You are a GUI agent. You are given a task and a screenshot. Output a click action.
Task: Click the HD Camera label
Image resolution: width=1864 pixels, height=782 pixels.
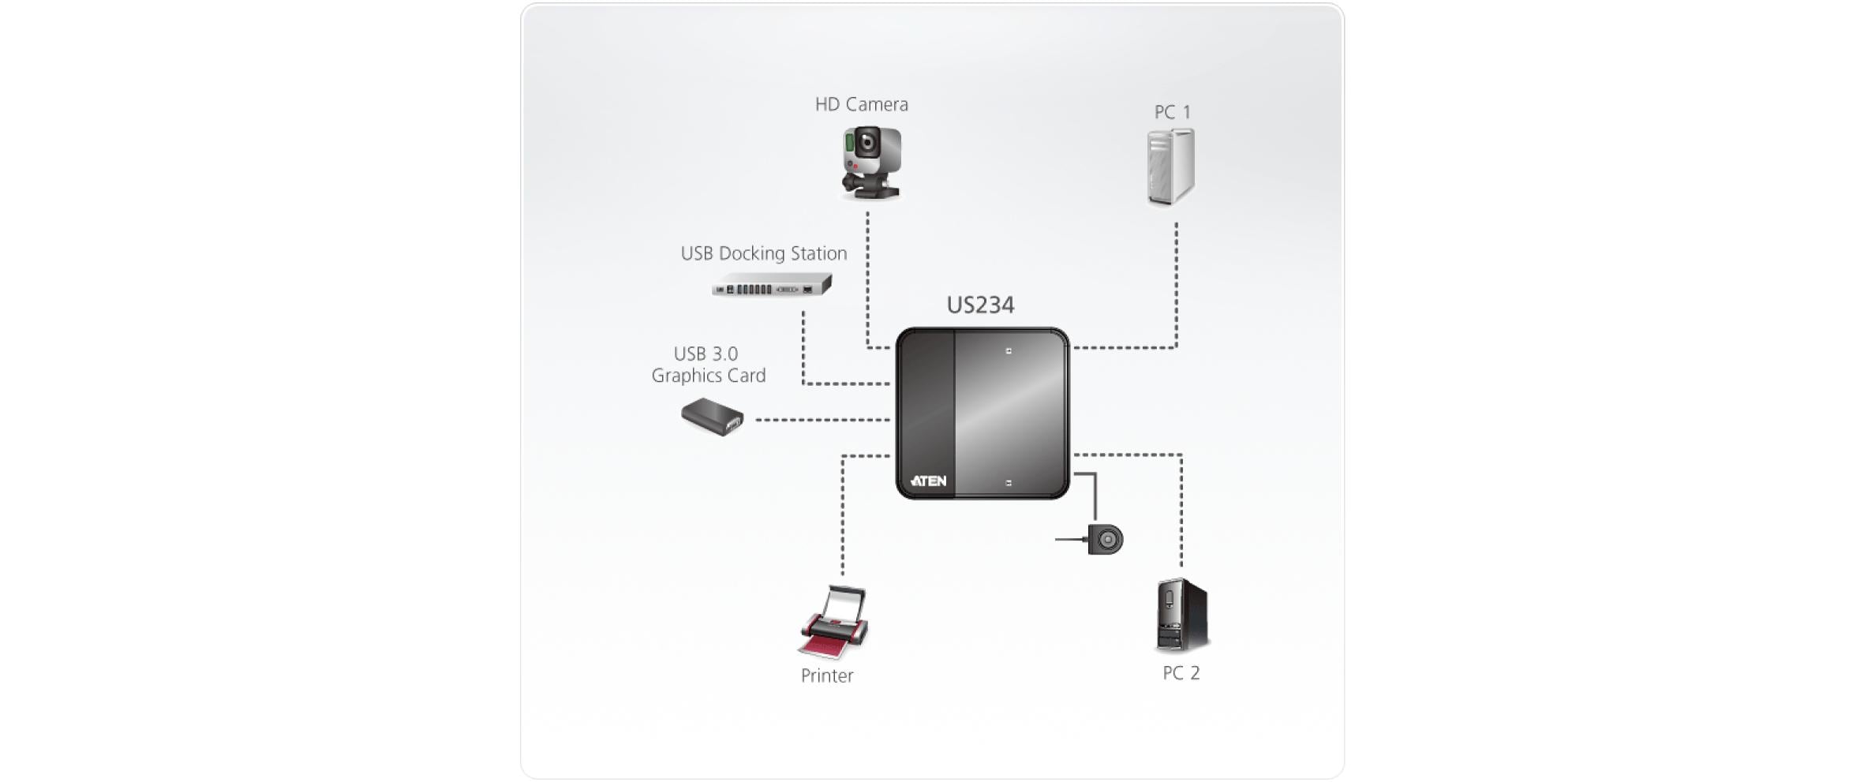click(x=861, y=104)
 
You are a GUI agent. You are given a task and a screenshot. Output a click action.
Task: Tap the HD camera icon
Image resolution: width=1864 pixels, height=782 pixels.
click(x=870, y=161)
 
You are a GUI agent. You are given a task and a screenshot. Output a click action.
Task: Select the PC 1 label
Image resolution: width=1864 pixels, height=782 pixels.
click(x=1172, y=112)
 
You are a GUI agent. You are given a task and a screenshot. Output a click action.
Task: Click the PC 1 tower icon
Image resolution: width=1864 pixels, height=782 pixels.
click(x=1170, y=167)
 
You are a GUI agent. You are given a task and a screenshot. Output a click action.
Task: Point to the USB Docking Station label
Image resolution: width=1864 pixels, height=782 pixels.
click(x=763, y=253)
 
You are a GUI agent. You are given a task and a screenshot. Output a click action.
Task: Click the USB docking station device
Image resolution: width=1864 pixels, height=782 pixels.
click(x=771, y=286)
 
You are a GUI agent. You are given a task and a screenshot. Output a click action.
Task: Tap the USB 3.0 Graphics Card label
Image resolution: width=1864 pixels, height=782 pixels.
click(x=708, y=365)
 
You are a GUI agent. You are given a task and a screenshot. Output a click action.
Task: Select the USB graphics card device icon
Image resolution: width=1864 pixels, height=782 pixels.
click(x=713, y=417)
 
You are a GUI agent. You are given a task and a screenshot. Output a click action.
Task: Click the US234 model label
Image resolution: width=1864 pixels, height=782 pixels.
click(x=980, y=305)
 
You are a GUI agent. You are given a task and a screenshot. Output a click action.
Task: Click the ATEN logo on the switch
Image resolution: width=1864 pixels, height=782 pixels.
click(x=929, y=481)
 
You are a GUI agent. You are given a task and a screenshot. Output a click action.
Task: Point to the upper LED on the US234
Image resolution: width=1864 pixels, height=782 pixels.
click(x=1009, y=350)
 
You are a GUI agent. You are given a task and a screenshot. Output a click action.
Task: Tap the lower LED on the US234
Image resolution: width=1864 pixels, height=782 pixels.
click(x=1009, y=482)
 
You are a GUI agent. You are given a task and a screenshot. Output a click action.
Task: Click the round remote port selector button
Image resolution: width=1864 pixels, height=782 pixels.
click(x=1106, y=540)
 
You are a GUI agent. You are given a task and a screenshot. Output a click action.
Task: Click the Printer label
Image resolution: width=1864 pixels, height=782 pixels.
click(x=826, y=675)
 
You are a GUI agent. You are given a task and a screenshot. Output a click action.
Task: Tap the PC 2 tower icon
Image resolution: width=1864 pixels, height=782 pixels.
click(x=1181, y=615)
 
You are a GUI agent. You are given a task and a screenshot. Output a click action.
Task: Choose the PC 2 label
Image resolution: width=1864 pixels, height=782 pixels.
click(x=1181, y=673)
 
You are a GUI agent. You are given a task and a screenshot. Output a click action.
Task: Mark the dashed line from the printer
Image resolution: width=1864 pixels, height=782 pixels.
click(x=843, y=513)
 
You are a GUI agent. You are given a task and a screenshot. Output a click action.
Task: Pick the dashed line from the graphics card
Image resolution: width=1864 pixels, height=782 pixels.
click(x=821, y=420)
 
